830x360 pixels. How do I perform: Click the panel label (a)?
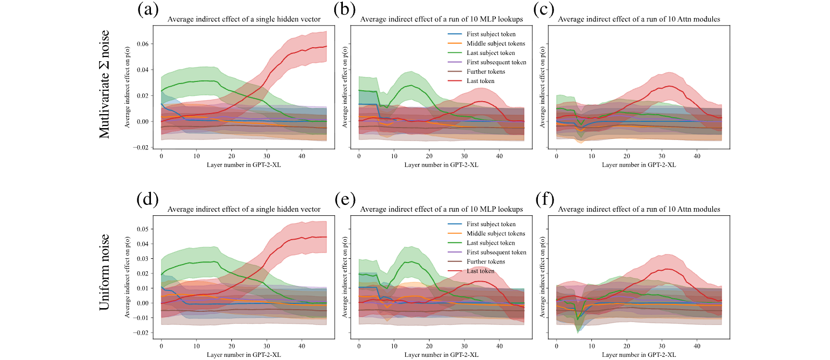pyautogui.click(x=148, y=10)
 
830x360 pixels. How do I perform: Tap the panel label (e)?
pyautogui.click(x=345, y=200)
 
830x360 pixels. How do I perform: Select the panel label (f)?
pyautogui.click(x=545, y=200)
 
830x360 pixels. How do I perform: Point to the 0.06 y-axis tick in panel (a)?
pyautogui.click(x=142, y=44)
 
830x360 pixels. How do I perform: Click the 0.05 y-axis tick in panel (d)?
pyautogui.click(x=142, y=229)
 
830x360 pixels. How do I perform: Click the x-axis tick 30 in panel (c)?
pyautogui.click(x=662, y=156)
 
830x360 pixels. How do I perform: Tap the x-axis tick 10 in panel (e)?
pyautogui.click(x=394, y=347)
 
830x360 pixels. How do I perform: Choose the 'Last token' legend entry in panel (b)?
pyautogui.click(x=471, y=81)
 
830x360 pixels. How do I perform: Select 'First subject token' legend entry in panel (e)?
pyautogui.click(x=482, y=224)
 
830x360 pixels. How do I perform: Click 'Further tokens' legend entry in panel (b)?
pyautogui.click(x=476, y=72)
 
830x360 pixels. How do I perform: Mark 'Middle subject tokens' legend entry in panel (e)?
pyautogui.click(x=487, y=233)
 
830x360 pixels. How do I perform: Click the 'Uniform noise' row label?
pyautogui.click(x=104, y=272)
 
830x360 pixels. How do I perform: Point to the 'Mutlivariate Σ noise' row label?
pyautogui.click(x=104, y=85)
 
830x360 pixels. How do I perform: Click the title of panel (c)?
pyautogui.click(x=639, y=19)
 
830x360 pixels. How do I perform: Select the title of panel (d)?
pyautogui.click(x=244, y=209)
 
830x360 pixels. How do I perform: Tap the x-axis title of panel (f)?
pyautogui.click(x=639, y=355)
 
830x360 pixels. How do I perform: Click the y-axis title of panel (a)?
pyautogui.click(x=127, y=87)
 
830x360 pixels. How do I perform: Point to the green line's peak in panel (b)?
pyautogui.click(x=411, y=85)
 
